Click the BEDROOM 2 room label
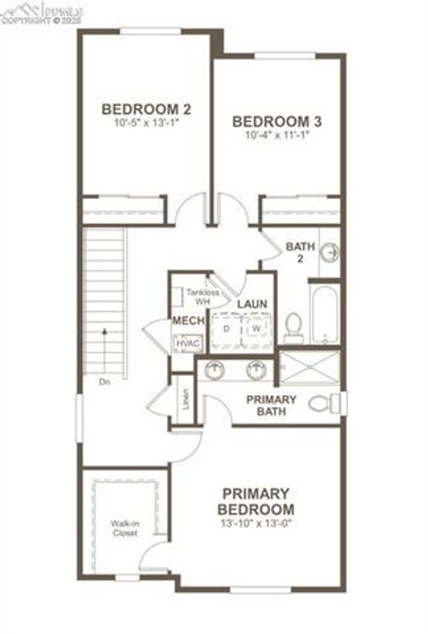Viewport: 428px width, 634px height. (146, 109)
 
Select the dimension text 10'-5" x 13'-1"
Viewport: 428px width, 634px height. (146, 123)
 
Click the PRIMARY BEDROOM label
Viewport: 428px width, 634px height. (255, 500)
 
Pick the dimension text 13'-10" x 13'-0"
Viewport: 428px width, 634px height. (255, 523)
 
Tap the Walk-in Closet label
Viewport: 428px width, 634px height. (125, 527)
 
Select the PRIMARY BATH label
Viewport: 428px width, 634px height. (272, 406)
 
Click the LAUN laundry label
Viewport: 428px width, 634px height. (252, 304)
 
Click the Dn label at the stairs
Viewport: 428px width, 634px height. (104, 383)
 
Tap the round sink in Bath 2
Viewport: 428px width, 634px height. (330, 253)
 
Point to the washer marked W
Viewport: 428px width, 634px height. (255, 328)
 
